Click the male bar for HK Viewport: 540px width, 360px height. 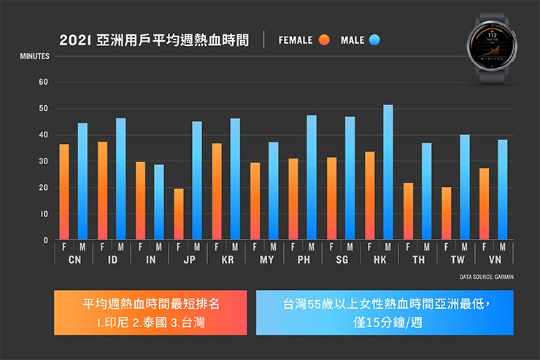click(x=387, y=172)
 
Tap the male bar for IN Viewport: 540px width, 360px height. click(x=159, y=202)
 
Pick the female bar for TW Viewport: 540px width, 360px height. click(x=446, y=213)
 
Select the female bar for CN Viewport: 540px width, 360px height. click(x=64, y=192)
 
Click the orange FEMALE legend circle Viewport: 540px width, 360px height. click(x=325, y=40)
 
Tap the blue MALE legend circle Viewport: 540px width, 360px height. click(x=376, y=40)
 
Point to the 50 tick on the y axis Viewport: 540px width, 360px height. click(x=45, y=109)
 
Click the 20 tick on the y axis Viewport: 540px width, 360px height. click(x=45, y=188)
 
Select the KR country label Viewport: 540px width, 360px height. click(x=227, y=259)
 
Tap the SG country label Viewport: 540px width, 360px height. click(x=342, y=259)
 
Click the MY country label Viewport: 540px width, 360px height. click(x=265, y=259)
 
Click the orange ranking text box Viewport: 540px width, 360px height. click(x=151, y=312)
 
